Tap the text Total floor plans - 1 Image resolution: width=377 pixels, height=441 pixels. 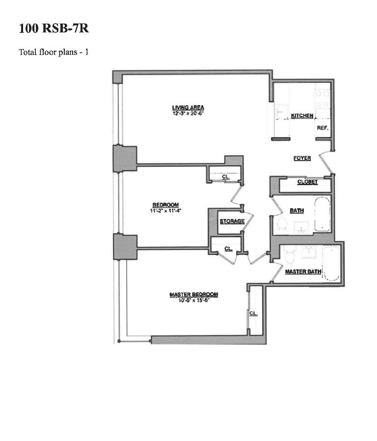(54, 52)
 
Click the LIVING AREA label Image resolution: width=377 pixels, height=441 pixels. (188, 108)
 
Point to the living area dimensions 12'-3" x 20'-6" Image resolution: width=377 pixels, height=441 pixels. (188, 113)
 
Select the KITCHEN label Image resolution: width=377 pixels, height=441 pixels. (302, 116)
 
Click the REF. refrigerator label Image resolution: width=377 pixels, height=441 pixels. (322, 128)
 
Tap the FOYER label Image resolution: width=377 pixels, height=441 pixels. (302, 158)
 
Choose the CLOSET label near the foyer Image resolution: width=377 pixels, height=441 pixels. (307, 182)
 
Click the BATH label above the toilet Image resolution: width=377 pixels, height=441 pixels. (296, 211)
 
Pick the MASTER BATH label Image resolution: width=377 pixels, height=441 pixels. (303, 272)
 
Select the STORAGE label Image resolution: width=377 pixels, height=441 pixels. (232, 221)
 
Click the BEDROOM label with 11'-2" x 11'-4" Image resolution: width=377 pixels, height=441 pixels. (165, 205)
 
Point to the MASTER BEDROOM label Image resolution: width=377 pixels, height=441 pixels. (193, 295)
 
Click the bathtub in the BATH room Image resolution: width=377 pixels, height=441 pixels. (323, 214)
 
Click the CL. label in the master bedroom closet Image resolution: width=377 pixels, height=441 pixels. (253, 313)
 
